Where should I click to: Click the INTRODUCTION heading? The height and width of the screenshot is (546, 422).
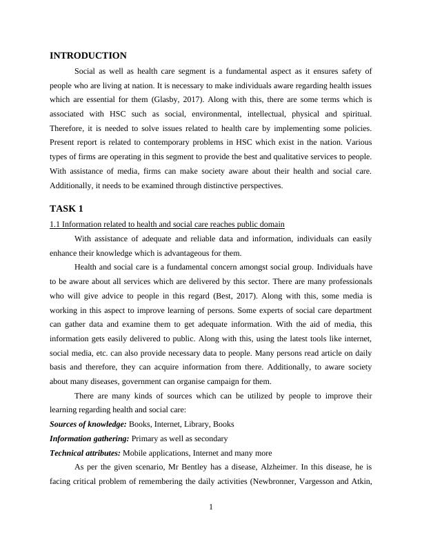coord(88,56)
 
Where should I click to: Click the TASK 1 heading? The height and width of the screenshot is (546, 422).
coord(67,208)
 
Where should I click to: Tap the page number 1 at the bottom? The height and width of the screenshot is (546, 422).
coord(211,508)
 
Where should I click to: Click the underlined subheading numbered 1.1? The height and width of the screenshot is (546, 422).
coord(167,224)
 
